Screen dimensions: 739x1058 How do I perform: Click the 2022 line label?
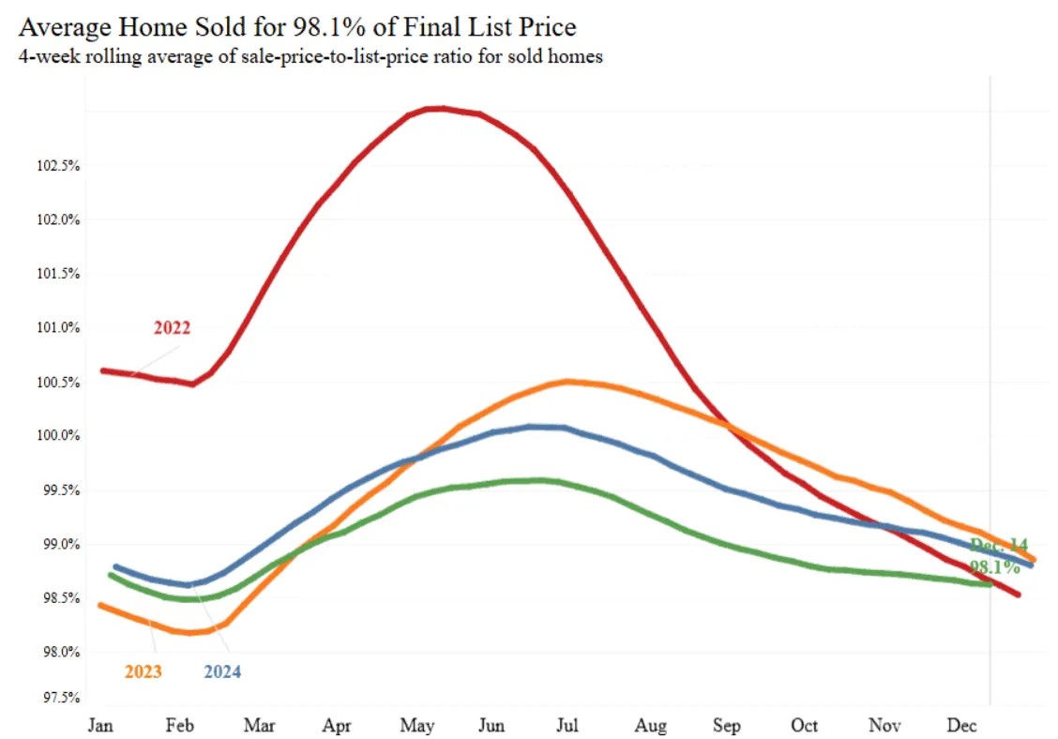(x=172, y=328)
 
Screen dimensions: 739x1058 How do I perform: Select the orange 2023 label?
(x=143, y=671)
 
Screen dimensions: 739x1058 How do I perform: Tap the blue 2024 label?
(x=222, y=671)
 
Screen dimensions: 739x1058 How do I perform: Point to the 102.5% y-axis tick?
(x=57, y=166)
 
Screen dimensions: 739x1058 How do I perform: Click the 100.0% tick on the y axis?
(x=57, y=436)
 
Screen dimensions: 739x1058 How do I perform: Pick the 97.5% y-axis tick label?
(x=58, y=698)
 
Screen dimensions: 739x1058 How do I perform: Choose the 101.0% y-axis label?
(x=57, y=328)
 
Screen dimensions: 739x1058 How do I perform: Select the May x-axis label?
(x=416, y=726)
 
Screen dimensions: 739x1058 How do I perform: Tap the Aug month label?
(x=650, y=726)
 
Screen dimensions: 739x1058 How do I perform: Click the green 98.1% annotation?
(x=994, y=567)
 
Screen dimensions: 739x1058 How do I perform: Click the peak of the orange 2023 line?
(x=567, y=381)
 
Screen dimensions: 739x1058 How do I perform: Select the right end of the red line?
(x=1019, y=595)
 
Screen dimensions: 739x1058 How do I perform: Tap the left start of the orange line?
(x=99, y=605)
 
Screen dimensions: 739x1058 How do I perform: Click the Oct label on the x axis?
(x=804, y=726)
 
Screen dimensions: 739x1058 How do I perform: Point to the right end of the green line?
(x=990, y=584)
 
